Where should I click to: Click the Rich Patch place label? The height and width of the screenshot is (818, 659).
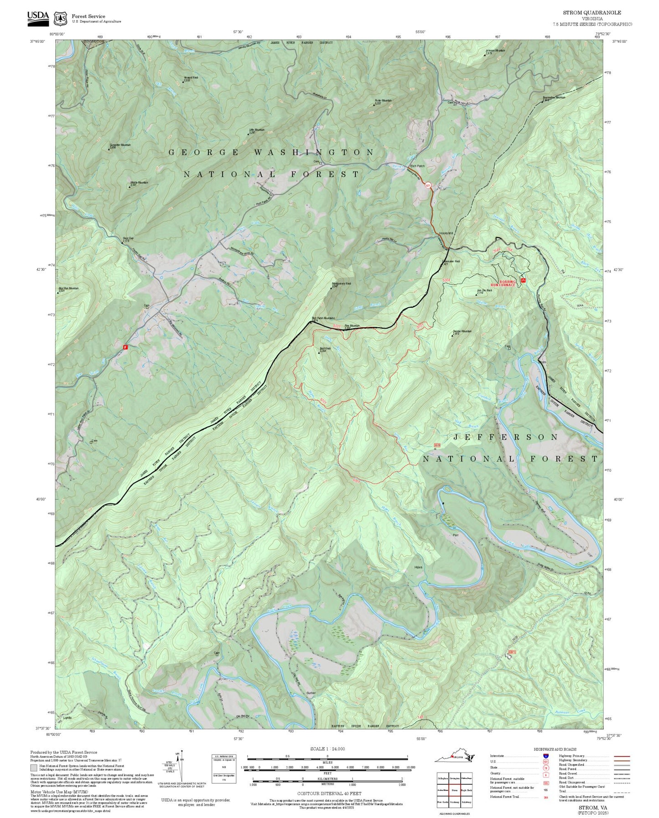(417, 166)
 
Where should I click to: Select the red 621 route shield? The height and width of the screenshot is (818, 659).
(428, 186)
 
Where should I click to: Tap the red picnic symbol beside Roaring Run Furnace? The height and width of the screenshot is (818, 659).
(523, 280)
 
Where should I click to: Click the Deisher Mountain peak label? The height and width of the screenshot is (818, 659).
(462, 332)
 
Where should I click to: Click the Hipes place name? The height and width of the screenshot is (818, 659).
(418, 567)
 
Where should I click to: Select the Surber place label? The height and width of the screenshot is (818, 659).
(311, 693)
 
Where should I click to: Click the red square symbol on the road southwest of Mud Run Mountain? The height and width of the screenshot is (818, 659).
(125, 347)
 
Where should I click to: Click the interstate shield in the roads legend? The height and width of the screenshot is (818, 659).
(545, 756)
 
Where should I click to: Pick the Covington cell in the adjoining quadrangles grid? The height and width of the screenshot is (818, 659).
(454, 778)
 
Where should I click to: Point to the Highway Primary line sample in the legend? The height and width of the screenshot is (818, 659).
(622, 756)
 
